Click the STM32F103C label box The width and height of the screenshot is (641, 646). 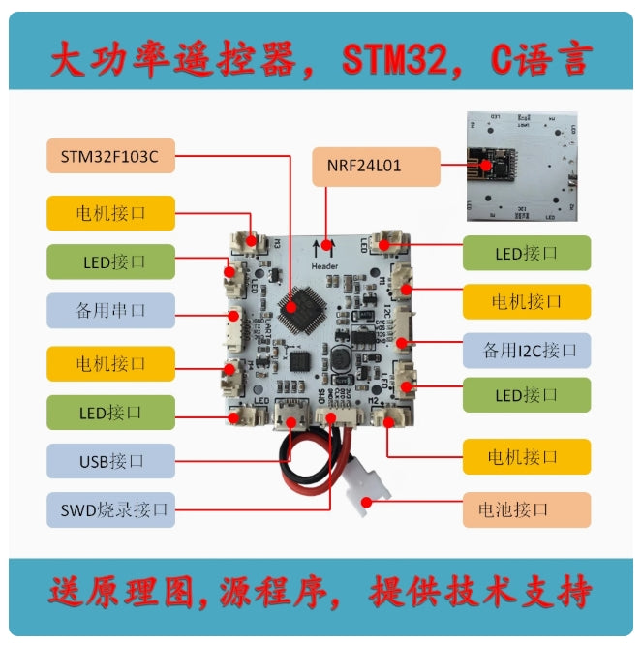coord(110,156)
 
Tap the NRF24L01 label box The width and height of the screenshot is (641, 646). coord(376,166)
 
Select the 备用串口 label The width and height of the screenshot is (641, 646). coord(110,311)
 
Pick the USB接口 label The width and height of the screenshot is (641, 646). coord(110,461)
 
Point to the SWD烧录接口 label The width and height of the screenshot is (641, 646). coord(110,508)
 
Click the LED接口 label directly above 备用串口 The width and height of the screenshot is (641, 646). coord(110,261)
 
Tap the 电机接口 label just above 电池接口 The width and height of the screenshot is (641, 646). coord(526,456)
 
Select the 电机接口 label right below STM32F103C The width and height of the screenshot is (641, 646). coord(110,212)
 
